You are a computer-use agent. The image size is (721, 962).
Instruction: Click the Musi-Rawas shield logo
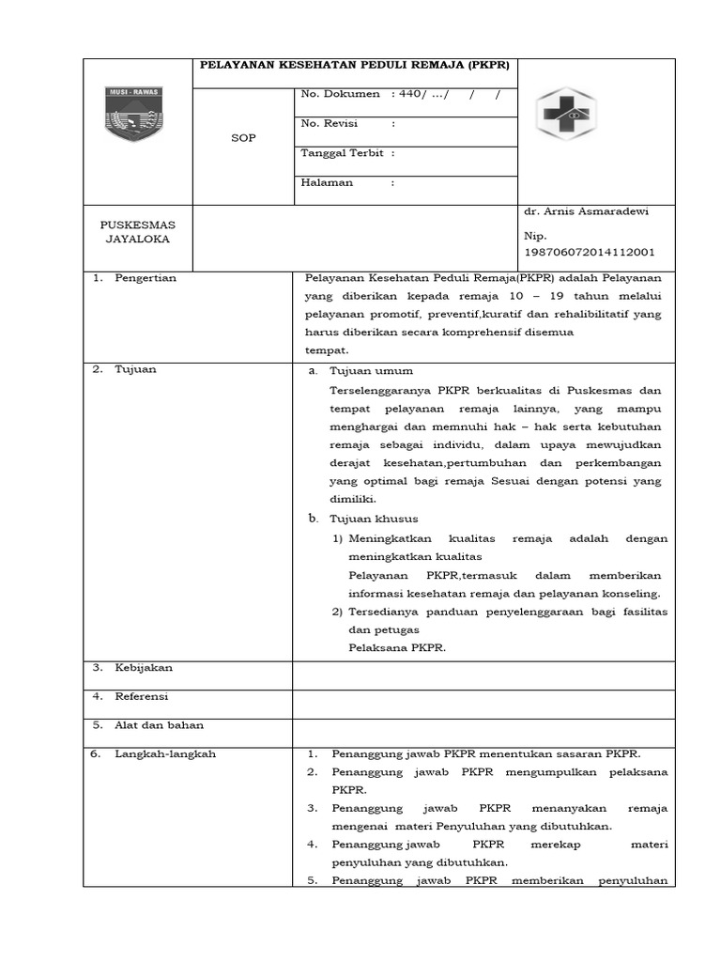pyautogui.click(x=131, y=114)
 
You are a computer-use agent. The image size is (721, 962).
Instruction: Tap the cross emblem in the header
pyautogui.click(x=565, y=118)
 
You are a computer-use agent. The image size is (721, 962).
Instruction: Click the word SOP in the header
pyautogui.click(x=242, y=138)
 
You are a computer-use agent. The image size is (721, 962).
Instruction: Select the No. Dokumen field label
pyautogui.click(x=340, y=94)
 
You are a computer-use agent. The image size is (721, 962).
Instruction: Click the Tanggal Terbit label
pyautogui.click(x=343, y=153)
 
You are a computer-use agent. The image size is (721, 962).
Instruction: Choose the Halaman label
pyautogui.click(x=327, y=182)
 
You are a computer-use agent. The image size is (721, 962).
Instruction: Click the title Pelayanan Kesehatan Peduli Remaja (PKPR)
pyautogui.click(x=355, y=66)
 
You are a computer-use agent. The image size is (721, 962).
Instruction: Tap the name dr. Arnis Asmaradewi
pyautogui.click(x=586, y=211)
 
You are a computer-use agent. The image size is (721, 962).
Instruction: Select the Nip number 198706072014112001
pyautogui.click(x=590, y=252)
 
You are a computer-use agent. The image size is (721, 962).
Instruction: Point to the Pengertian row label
pyautogui.click(x=146, y=278)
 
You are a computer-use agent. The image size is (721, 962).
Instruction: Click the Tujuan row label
pyautogui.click(x=135, y=369)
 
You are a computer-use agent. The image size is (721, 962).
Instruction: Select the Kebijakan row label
pyautogui.click(x=144, y=668)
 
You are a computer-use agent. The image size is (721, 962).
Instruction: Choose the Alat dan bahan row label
pyautogui.click(x=159, y=725)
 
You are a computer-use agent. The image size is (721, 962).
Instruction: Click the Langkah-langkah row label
pyautogui.click(x=165, y=754)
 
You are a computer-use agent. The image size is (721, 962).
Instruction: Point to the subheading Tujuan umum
pyautogui.click(x=371, y=371)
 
